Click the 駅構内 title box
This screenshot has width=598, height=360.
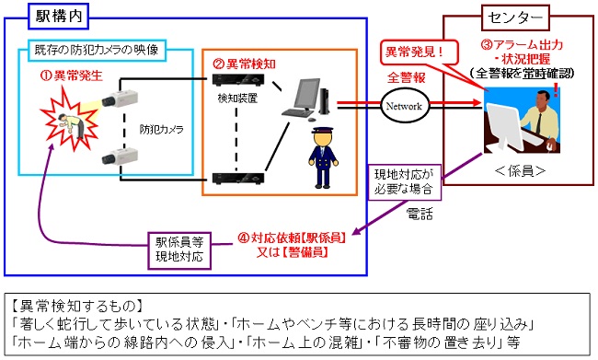pyautogui.click(x=58, y=17)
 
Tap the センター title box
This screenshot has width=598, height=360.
pyautogui.click(x=515, y=17)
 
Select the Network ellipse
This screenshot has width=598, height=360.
pyautogui.click(x=404, y=106)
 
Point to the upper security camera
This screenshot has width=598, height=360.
pyautogui.click(x=119, y=99)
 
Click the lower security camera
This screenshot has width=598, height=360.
pyautogui.click(x=119, y=157)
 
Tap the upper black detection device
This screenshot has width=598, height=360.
pyautogui.click(x=238, y=79)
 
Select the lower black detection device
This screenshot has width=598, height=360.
pyautogui.click(x=238, y=178)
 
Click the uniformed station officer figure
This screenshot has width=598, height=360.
pyautogui.click(x=324, y=157)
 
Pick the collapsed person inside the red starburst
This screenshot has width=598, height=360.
pyautogui.click(x=72, y=125)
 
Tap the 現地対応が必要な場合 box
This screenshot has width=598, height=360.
pyautogui.click(x=404, y=182)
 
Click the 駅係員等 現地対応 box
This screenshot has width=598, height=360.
pyautogui.click(x=179, y=250)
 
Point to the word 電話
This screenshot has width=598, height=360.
pyautogui.click(x=420, y=214)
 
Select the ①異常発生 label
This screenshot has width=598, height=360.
pyautogui.click(x=72, y=75)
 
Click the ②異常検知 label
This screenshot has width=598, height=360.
pyautogui.click(x=244, y=64)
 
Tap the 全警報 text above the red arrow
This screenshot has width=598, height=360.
pyautogui.click(x=406, y=77)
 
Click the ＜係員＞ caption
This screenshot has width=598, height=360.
pyautogui.click(x=520, y=170)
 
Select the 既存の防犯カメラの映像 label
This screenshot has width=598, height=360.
pyautogui.click(x=97, y=50)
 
